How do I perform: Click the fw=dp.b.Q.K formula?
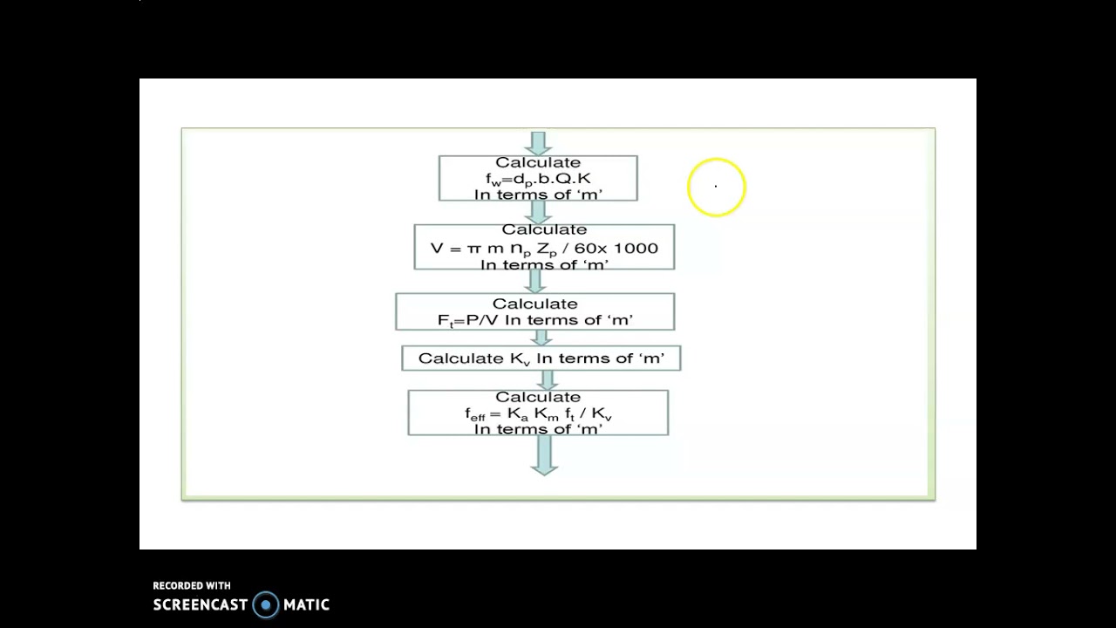[x=538, y=179]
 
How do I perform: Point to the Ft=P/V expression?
[x=467, y=320]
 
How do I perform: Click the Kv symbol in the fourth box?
[x=520, y=358]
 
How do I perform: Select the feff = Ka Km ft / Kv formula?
[x=538, y=414]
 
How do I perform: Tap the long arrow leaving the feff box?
[x=544, y=455]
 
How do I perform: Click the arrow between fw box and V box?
[x=538, y=213]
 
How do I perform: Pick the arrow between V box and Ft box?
[x=535, y=282]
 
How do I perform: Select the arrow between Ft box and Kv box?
[x=541, y=338]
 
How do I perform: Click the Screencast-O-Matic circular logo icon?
[x=266, y=605]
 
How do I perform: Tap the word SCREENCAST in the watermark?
[x=200, y=605]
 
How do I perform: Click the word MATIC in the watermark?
[x=306, y=605]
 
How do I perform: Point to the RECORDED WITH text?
[x=192, y=585]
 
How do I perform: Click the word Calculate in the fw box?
[x=538, y=163]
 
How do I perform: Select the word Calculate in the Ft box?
[x=535, y=304]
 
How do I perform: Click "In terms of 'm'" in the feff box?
[x=538, y=429]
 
